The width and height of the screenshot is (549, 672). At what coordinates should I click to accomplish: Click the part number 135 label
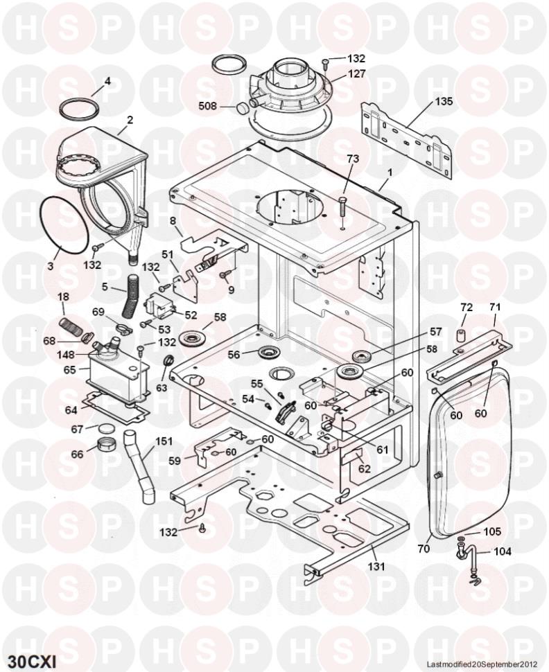click(444, 101)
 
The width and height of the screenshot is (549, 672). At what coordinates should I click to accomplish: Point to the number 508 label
click(208, 107)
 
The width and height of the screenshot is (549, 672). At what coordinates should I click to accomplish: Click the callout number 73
click(353, 159)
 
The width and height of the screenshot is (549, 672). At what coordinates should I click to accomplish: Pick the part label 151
click(164, 441)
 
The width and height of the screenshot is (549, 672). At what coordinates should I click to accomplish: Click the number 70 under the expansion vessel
click(423, 549)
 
